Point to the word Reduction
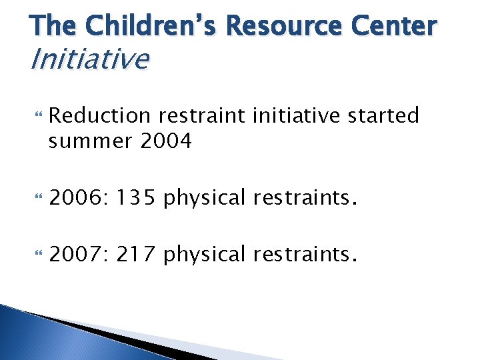100,116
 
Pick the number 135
136,199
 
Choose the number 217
136,255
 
